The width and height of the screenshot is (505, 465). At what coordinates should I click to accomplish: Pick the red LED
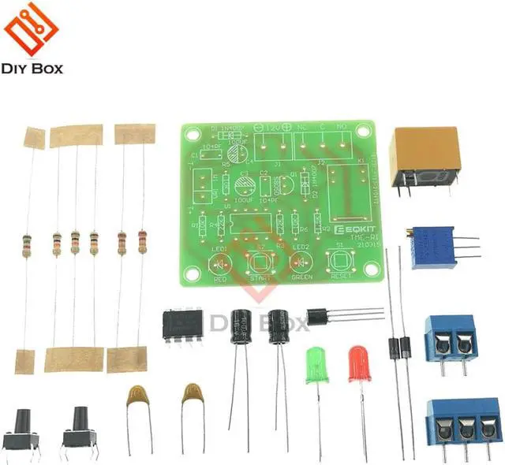359,364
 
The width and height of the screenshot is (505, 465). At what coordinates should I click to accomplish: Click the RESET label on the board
342,277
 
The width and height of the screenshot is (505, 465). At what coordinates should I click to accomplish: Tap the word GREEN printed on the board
301,277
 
